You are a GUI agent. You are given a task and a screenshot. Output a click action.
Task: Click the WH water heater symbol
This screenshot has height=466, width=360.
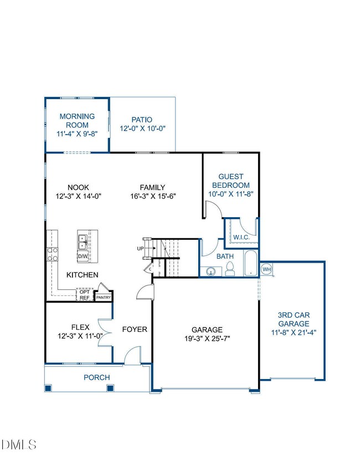coord(266,269)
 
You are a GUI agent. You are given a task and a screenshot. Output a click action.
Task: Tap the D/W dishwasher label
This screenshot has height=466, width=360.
coord(83,256)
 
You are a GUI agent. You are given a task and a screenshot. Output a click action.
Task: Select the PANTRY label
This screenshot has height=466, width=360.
coord(104,297)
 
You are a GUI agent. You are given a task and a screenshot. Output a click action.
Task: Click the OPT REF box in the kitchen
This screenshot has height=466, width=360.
coord(85,295)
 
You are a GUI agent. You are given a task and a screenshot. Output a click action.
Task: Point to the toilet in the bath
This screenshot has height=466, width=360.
coord(230,269)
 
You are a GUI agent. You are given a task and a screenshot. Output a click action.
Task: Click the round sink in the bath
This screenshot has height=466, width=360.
coord(211,272)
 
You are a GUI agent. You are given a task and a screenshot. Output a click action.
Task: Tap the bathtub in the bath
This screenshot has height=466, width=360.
coord(251,264)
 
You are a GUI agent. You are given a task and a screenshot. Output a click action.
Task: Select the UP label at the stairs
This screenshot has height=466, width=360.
coord(140,248)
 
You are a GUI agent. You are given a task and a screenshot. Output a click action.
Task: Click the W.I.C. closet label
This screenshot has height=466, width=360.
coord(241,238)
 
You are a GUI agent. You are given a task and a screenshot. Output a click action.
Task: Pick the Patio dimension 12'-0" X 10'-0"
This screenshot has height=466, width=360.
coord(142,129)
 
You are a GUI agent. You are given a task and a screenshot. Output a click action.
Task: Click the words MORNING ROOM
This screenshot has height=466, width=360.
coord(77,121)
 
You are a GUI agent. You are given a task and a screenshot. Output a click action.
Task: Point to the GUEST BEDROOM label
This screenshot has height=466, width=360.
coord(231,181)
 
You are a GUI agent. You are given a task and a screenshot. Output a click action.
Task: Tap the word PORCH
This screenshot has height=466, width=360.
coord(97,377)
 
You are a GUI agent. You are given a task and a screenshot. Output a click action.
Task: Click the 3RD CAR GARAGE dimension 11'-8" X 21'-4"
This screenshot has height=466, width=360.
coord(294,332)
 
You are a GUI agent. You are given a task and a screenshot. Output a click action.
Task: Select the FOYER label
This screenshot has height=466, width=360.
coord(135,329)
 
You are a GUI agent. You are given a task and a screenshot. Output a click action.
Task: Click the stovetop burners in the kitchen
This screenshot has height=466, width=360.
coord(52,254)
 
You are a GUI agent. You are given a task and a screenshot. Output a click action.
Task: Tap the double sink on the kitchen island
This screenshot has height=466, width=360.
coord(83,242)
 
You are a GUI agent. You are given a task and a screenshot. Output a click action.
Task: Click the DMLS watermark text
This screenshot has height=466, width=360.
coord(19,445)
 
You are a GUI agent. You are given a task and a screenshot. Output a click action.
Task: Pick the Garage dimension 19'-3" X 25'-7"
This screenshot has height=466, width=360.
coord(207,339)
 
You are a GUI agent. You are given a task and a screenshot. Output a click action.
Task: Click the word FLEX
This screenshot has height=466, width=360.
coord(80,327)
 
